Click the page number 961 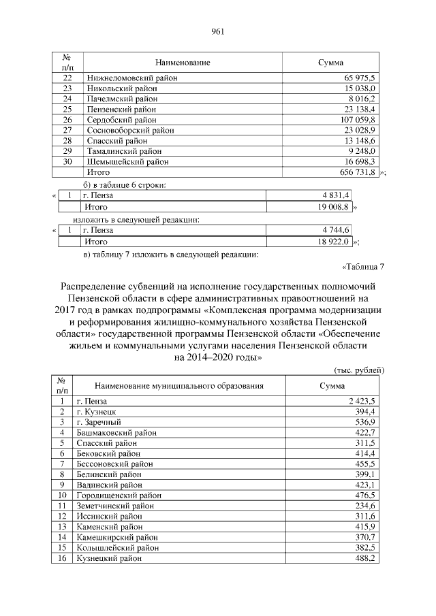218,31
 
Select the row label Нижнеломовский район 131,78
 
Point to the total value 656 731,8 358,172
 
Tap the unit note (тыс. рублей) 359,369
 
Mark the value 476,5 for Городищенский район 364,496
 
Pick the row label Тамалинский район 124,151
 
